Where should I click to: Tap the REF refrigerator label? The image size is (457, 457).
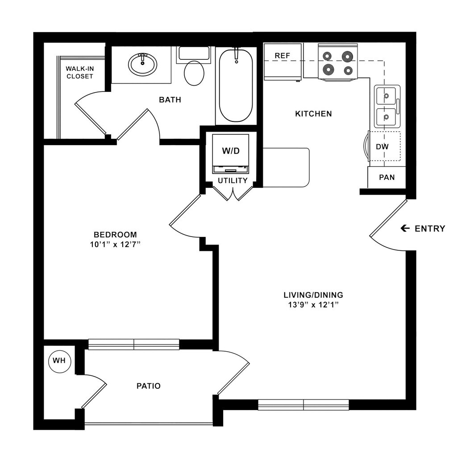point(283,56)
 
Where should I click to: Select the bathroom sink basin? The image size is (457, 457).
point(142,64)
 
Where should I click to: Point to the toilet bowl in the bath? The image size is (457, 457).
point(194,73)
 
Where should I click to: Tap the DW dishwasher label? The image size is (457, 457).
point(382,146)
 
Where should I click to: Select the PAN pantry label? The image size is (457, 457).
point(386,177)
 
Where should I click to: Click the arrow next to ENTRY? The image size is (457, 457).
point(405,228)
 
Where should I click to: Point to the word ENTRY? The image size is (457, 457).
point(430,228)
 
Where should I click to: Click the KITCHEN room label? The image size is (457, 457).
point(313,114)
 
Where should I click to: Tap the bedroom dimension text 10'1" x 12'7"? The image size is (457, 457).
point(115,244)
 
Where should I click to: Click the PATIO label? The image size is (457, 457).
point(149,386)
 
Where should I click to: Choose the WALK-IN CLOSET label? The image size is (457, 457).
point(80,72)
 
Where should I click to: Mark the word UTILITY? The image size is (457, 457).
point(233,181)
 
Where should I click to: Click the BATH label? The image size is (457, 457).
point(170,100)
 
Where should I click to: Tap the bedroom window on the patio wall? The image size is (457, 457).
point(134,344)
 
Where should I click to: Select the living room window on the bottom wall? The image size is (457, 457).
point(303,405)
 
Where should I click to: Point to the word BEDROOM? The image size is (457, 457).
point(115,235)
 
